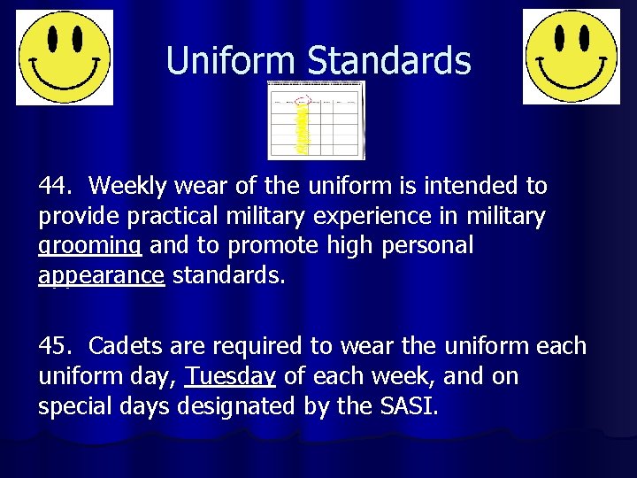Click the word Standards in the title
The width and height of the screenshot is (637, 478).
(x=389, y=60)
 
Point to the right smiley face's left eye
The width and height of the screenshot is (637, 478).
(x=558, y=37)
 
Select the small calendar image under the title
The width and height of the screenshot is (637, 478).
(x=317, y=120)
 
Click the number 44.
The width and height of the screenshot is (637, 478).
(x=56, y=187)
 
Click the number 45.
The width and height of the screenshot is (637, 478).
(x=56, y=345)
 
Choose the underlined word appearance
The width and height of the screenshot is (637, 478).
(x=102, y=276)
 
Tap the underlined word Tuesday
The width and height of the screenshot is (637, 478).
(x=230, y=376)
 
